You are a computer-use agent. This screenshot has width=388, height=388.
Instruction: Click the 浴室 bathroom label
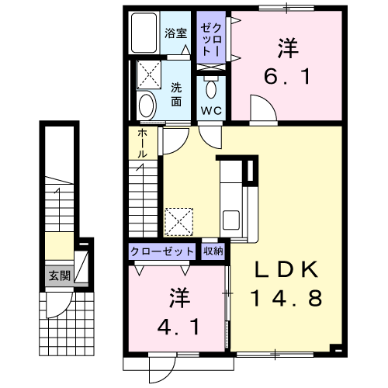click(x=176, y=33)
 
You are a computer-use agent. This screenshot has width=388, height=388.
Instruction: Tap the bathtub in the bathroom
click(x=144, y=33)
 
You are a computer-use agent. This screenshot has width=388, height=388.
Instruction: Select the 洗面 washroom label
click(x=176, y=95)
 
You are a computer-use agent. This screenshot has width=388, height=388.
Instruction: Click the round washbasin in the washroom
click(x=147, y=106)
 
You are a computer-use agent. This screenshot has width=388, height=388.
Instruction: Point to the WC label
click(x=212, y=111)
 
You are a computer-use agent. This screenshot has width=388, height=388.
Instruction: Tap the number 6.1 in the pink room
click(x=287, y=77)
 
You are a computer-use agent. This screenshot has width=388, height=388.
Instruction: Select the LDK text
click(x=286, y=269)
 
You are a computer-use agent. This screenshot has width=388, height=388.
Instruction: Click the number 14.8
click(x=286, y=298)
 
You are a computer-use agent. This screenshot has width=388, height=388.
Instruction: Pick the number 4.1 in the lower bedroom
click(x=178, y=327)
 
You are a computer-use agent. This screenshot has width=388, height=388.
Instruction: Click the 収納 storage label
click(x=213, y=251)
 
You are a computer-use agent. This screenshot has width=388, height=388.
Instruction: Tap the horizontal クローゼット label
click(x=162, y=251)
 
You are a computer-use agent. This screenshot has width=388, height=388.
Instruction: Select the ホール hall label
click(x=143, y=144)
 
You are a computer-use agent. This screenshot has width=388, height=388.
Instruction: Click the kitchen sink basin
click(x=231, y=220)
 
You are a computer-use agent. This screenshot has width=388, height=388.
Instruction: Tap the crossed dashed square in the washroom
click(x=149, y=74)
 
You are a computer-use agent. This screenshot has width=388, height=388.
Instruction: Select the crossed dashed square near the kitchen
click(x=179, y=222)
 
